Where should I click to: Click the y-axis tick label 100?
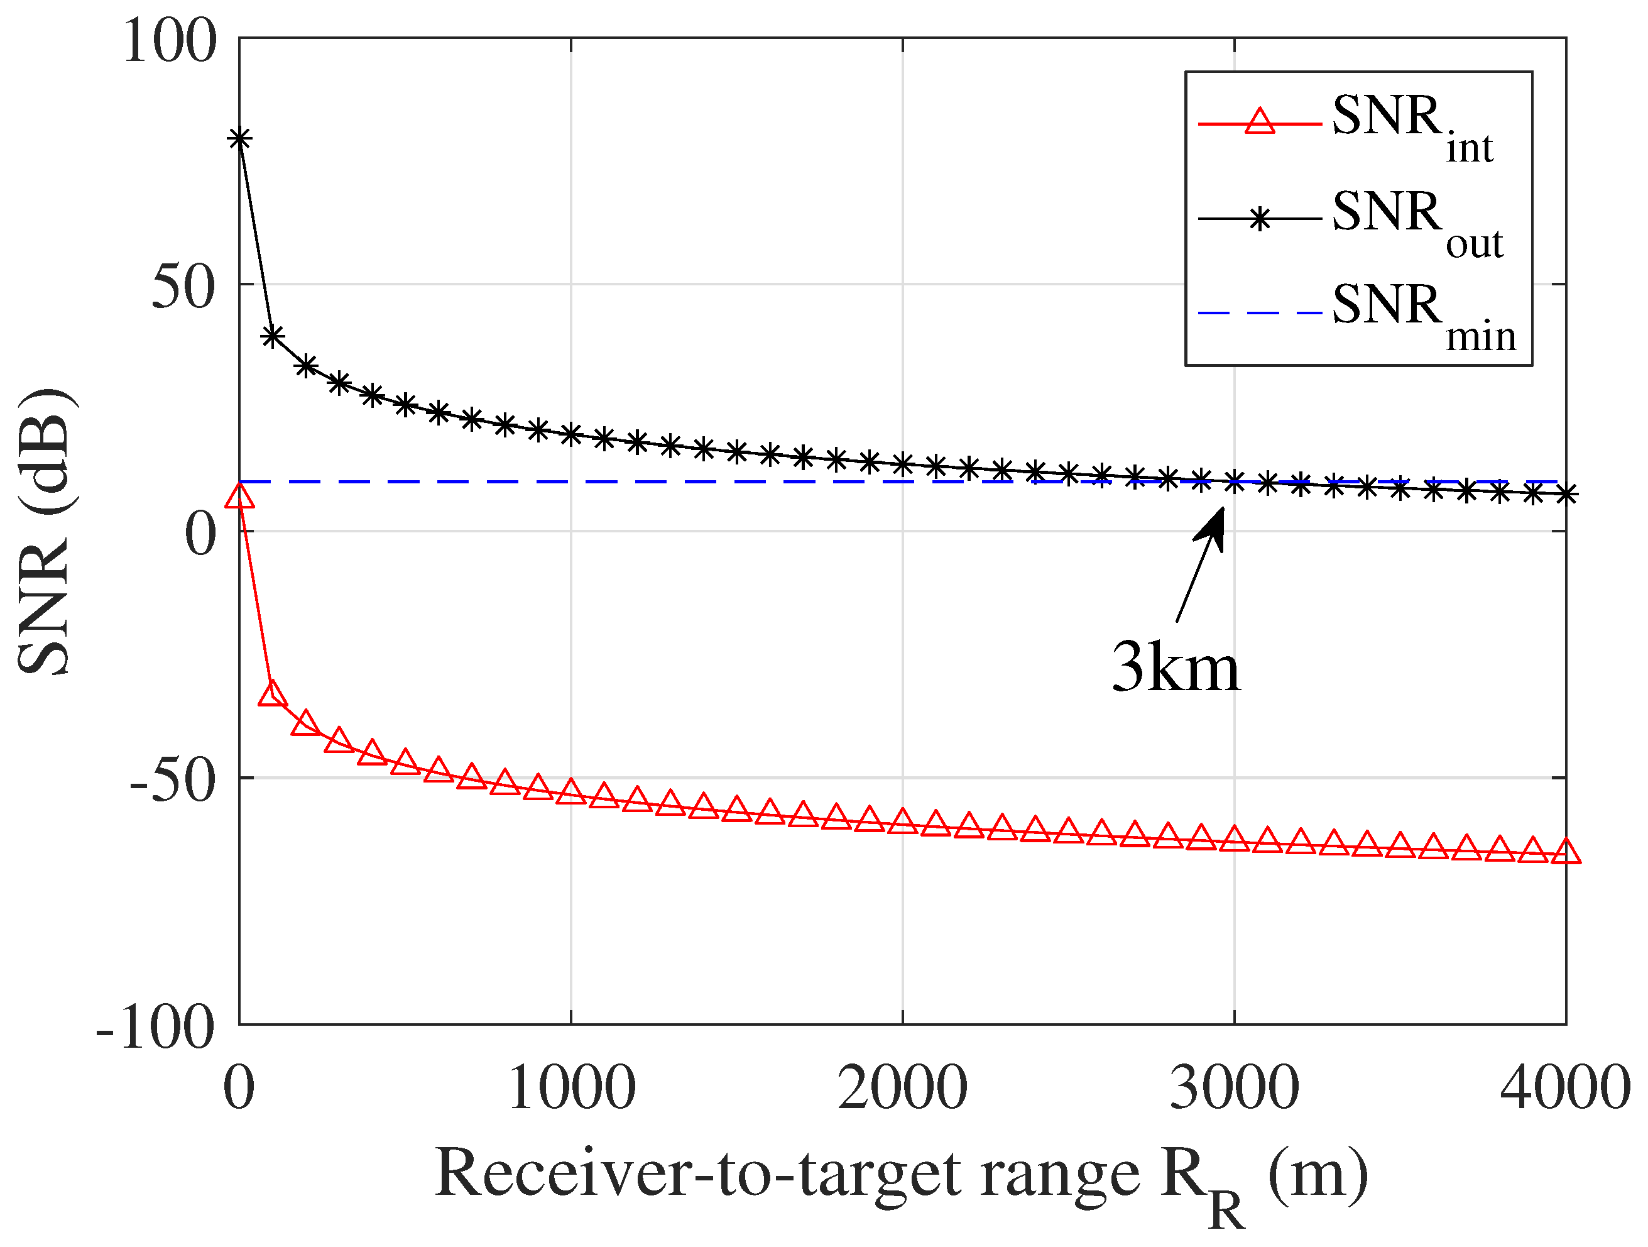pyautogui.click(x=170, y=41)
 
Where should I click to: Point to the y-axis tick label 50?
pyautogui.click(x=183, y=288)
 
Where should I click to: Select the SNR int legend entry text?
pyautogui.click(x=1412, y=127)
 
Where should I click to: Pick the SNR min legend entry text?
pyautogui.click(x=1423, y=316)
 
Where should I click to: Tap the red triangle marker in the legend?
pyautogui.click(x=1260, y=121)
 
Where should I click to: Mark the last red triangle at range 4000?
pyautogui.click(x=1567, y=851)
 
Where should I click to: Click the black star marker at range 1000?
pyautogui.click(x=572, y=434)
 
